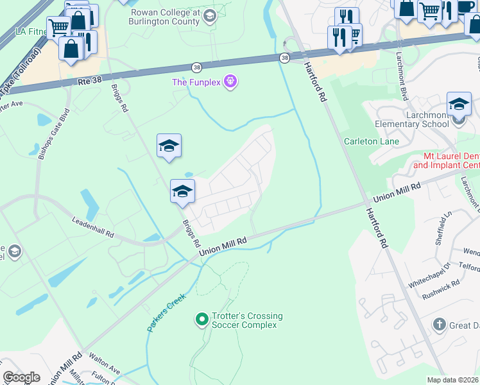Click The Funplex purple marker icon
231,82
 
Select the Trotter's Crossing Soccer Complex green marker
202,318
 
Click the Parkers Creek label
166,312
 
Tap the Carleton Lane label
372,141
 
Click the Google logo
21,377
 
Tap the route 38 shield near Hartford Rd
284,58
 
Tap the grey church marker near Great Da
440,324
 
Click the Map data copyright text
453,380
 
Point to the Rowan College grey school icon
210,17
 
